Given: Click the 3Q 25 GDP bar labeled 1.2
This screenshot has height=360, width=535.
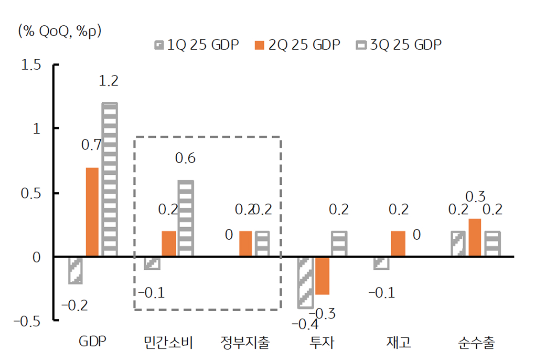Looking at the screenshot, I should [110, 179].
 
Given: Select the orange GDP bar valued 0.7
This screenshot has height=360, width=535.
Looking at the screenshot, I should [92, 212].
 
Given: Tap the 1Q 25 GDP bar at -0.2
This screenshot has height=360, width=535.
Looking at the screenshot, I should [76, 270].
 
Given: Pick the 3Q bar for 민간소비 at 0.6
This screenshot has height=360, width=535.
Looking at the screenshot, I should [186, 218].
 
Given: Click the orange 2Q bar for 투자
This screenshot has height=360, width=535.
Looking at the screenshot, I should [322, 276].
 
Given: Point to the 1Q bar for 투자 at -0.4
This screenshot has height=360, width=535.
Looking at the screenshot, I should [305, 282].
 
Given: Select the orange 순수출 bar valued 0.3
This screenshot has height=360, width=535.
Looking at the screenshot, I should [475, 237].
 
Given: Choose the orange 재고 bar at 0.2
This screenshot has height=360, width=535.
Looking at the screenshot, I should [398, 243].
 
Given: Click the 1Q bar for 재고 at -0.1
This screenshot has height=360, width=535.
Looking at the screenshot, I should [381, 263].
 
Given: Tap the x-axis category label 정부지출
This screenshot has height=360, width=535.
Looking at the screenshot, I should [245, 344].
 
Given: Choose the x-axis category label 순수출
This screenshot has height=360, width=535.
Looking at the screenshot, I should [476, 344].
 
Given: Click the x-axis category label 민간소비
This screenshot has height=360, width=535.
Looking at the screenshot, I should [169, 344].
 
